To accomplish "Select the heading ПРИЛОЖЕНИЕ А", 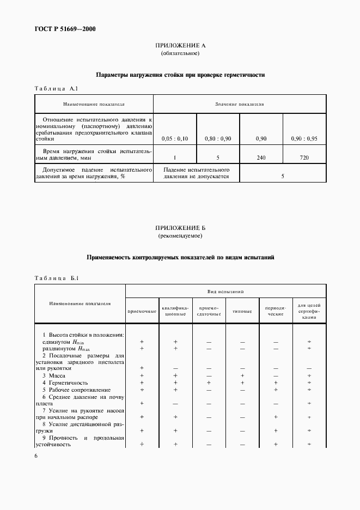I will click(180, 46).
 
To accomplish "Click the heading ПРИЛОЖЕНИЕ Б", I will click(180, 228).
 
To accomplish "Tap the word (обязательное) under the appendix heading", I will click(180, 54).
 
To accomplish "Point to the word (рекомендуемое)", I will click(180, 236).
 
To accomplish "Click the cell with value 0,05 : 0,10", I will click(175, 139).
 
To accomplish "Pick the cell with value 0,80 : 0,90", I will click(218, 139).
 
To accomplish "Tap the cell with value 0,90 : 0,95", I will click(304, 139).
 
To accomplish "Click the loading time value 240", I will click(261, 157).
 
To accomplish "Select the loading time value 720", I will click(304, 157).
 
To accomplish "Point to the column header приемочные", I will click(142, 312).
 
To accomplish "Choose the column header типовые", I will click(242, 312).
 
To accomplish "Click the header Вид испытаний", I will click(225, 292).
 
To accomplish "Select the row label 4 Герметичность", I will click(65, 383).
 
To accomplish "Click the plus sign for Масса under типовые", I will click(242, 375).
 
